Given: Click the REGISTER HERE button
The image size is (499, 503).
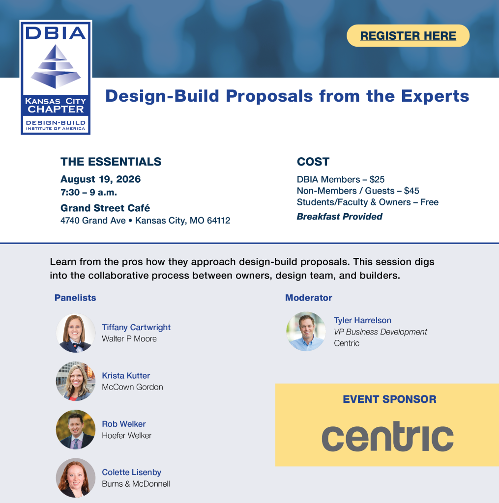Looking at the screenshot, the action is (x=408, y=35).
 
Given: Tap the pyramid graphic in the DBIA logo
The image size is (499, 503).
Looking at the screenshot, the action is (x=56, y=66).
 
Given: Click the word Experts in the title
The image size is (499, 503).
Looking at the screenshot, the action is (x=435, y=96).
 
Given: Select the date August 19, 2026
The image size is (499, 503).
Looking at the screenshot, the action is (x=100, y=179).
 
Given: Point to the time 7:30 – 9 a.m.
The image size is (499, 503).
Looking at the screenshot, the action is (x=88, y=193).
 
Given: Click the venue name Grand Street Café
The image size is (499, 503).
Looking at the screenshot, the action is (x=105, y=208).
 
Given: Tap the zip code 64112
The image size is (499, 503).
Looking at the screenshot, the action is (x=218, y=221).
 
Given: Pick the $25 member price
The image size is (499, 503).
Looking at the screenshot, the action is (x=377, y=179).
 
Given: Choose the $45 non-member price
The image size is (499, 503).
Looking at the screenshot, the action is (x=411, y=191).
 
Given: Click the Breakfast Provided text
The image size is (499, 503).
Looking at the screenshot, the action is (x=339, y=217).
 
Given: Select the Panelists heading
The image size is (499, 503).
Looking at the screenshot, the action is (x=75, y=298).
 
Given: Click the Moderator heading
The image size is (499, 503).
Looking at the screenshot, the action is (x=309, y=298).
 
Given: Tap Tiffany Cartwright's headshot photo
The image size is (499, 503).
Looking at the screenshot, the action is (x=76, y=333).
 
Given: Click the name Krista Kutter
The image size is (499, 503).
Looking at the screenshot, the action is (x=126, y=376).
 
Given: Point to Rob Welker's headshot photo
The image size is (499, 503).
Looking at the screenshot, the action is (x=76, y=429).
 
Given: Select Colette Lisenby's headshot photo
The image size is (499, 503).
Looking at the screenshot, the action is (x=76, y=478).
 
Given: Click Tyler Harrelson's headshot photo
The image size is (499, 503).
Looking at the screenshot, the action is (x=306, y=332).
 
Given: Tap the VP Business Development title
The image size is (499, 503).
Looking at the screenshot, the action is (x=380, y=332).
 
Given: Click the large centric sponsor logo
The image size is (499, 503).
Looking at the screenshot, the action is (x=387, y=436).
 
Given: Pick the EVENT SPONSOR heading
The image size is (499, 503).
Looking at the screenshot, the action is (x=389, y=399).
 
